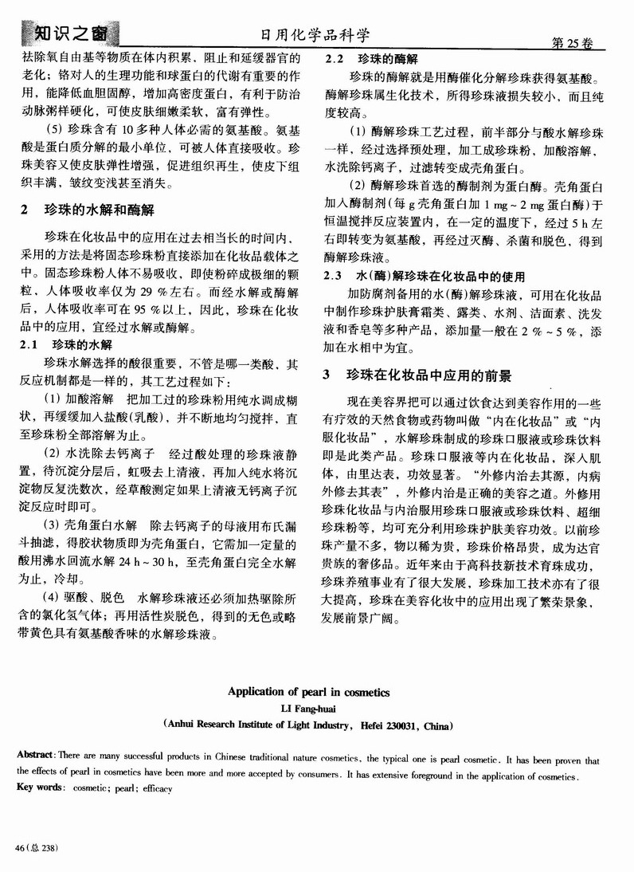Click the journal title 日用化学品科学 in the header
[316, 36]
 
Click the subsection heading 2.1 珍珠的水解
[68, 344]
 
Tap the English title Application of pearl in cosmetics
[316, 693]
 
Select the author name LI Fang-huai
[316, 709]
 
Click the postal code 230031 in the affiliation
[401, 726]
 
